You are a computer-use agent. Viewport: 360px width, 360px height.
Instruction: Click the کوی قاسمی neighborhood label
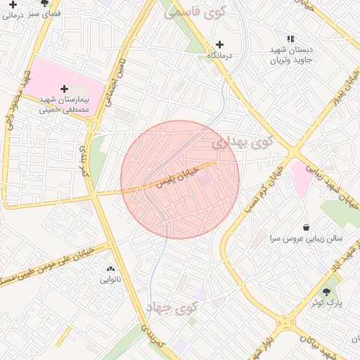tap(193, 12)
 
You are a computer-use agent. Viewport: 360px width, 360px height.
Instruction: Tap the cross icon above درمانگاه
tap(220, 44)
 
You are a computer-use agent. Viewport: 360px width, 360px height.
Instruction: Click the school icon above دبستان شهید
tap(290, 39)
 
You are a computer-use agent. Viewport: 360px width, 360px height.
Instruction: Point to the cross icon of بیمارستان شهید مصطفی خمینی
tap(65, 89)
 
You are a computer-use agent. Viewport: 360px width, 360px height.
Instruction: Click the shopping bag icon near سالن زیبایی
tap(306, 227)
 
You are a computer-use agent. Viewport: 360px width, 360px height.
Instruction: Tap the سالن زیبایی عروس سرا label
tap(306, 239)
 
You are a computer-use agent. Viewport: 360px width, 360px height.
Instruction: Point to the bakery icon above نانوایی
tap(110, 269)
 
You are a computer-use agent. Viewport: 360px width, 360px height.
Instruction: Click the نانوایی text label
tap(110, 280)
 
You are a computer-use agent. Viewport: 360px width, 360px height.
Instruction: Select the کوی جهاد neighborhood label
tap(173, 307)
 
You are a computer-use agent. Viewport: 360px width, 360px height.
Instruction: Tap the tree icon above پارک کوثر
tap(326, 291)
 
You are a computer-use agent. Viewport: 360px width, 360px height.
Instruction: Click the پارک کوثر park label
tap(326, 302)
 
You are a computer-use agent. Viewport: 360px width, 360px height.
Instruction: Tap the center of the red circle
tap(180, 179)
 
